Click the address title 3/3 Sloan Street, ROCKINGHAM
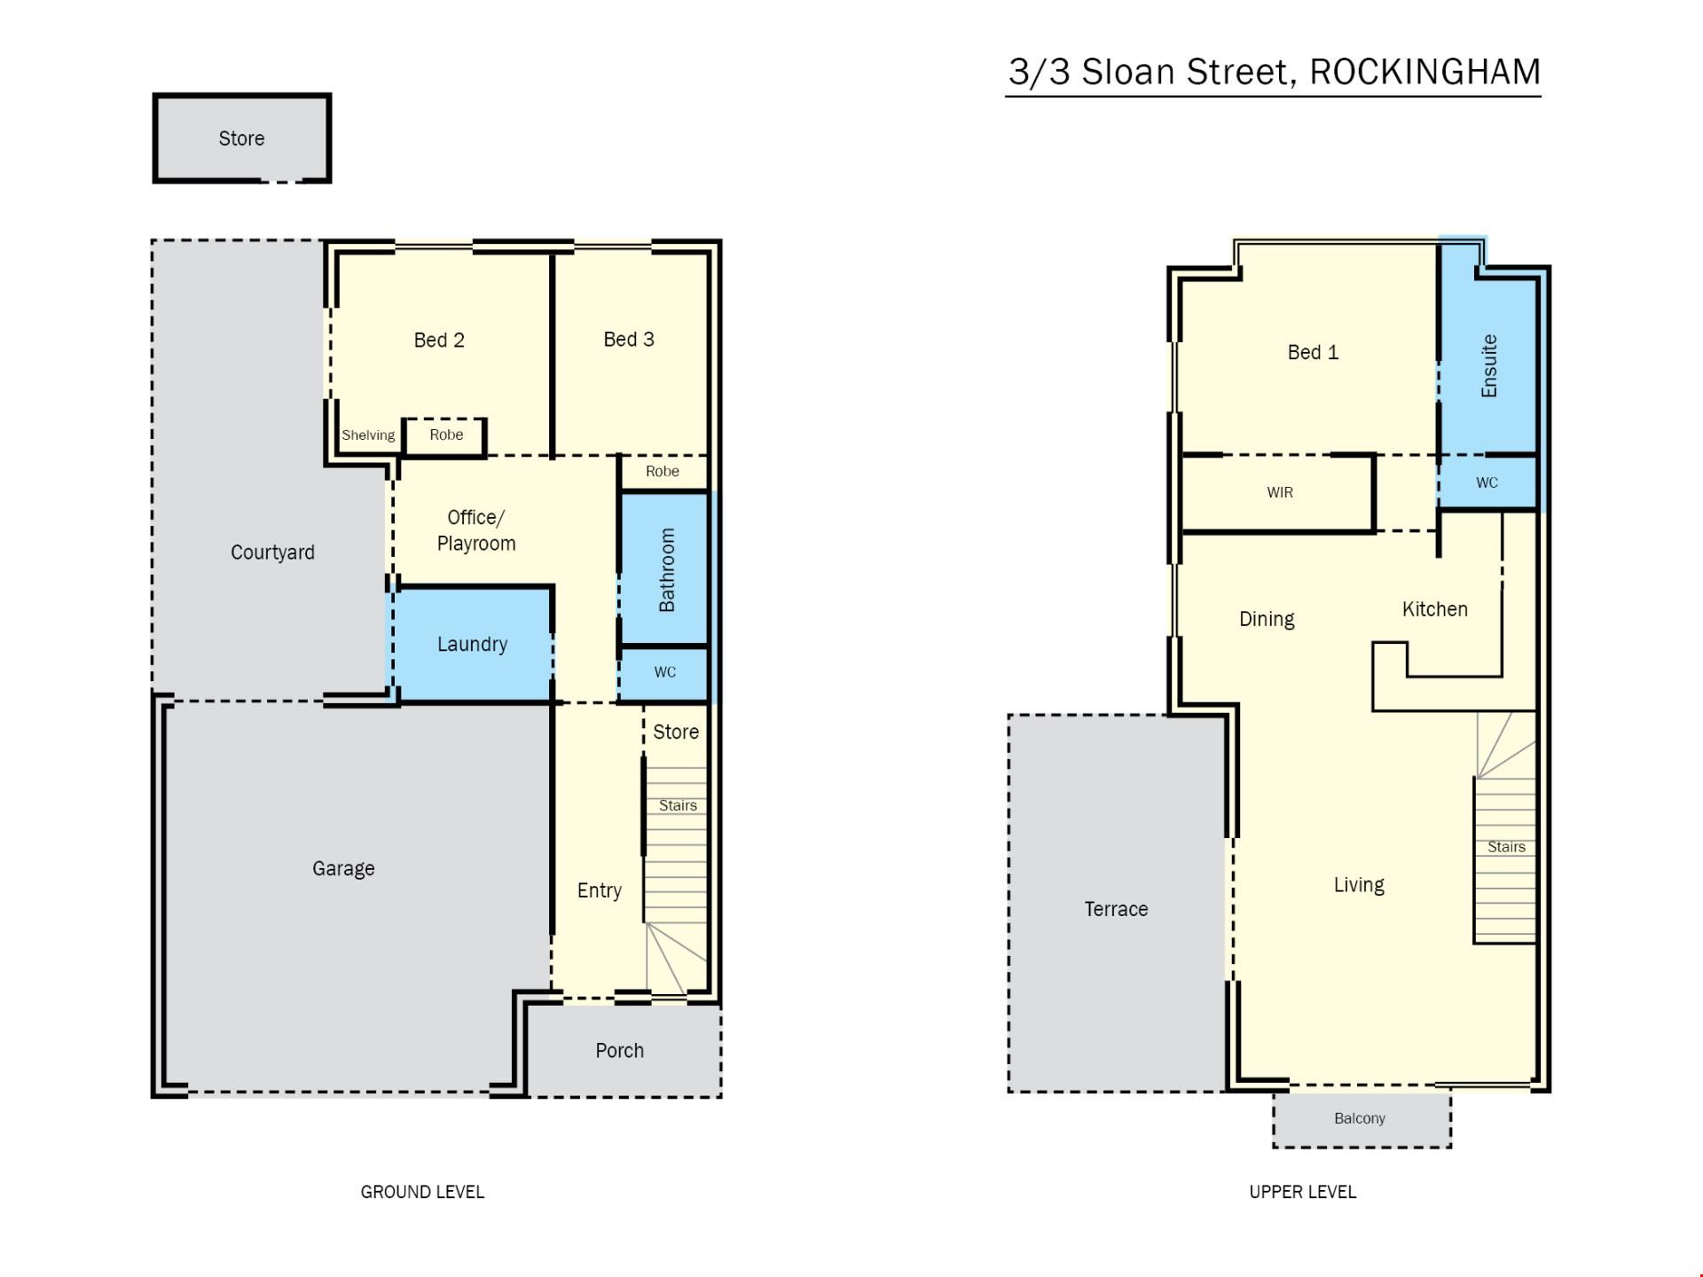[1275, 72]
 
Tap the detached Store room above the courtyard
[242, 138]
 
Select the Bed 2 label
[439, 340]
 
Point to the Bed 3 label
[629, 339]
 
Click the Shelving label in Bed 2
[368, 435]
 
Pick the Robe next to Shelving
[446, 435]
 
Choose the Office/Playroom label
[476, 530]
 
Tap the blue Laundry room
[472, 644]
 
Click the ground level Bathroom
[664, 568]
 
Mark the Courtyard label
[272, 552]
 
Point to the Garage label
[343, 868]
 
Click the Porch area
[620, 1051]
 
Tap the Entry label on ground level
[600, 890]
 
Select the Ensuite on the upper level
[1488, 366]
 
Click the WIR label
[1280, 492]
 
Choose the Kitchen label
[1435, 609]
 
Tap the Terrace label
[1116, 909]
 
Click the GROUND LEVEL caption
[422, 1192]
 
